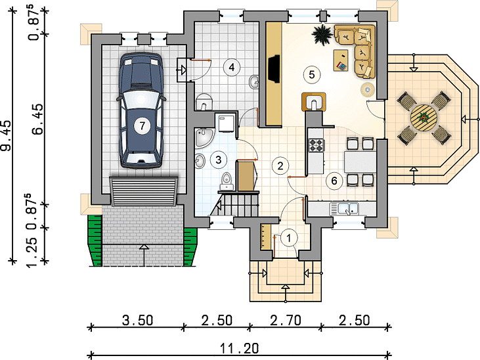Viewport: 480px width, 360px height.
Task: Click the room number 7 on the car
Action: pyautogui.click(x=142, y=125)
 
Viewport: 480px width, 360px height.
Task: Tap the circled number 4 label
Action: pyautogui.click(x=231, y=67)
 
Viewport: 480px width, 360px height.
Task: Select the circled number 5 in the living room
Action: pyautogui.click(x=312, y=74)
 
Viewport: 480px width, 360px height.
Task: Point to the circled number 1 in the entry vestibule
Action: pyautogui.click(x=288, y=238)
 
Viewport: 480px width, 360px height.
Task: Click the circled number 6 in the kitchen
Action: pyautogui.click(x=334, y=181)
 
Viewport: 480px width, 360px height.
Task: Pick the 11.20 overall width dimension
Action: pyautogui.click(x=240, y=348)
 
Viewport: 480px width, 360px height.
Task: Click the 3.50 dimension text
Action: pyautogui.click(x=137, y=321)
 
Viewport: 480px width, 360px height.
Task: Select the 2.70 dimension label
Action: pyautogui.click(x=286, y=321)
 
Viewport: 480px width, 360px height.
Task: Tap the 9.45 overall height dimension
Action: pyautogui.click(x=7, y=135)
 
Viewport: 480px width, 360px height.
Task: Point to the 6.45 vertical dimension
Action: pyautogui.click(x=38, y=119)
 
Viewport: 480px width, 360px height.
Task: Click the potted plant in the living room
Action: pyautogui.click(x=322, y=35)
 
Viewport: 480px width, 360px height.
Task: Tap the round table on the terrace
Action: pyautogui.click(x=424, y=118)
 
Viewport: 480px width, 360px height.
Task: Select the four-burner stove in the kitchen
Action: pyautogui.click(x=316, y=145)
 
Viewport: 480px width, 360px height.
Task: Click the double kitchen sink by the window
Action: pyautogui.click(x=344, y=209)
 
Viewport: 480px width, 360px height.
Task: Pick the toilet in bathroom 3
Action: pyautogui.click(x=227, y=181)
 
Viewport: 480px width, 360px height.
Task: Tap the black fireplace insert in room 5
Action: pyautogui.click(x=274, y=68)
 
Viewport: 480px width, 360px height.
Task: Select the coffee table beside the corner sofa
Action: pyautogui.click(x=341, y=60)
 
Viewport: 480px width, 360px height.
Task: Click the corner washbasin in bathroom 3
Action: pyautogui.click(x=203, y=137)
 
